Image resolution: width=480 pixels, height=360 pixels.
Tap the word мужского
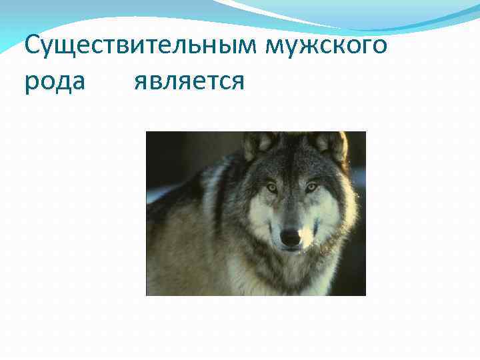click(327, 47)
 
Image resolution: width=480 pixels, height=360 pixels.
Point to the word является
click(189, 83)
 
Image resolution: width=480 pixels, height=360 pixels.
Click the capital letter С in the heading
click(31, 47)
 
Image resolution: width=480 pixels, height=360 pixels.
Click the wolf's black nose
click(290, 237)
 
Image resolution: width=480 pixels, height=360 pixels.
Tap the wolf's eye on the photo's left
click(272, 187)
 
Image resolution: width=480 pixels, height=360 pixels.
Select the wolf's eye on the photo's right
click(311, 187)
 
